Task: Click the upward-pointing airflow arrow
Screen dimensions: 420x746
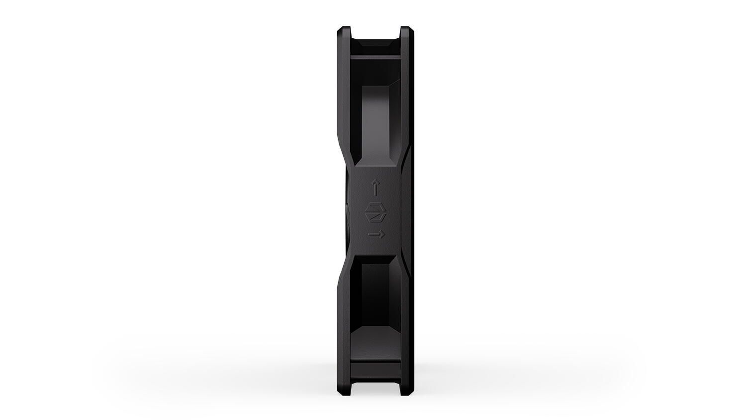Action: pyautogui.click(x=376, y=189)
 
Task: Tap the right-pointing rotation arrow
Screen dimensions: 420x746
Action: pyautogui.click(x=376, y=233)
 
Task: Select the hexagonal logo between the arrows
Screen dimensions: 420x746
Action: pyautogui.click(x=376, y=210)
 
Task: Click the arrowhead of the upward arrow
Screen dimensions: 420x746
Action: pyautogui.click(x=376, y=183)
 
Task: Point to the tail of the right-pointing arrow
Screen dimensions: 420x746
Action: pyautogui.click(x=370, y=233)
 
